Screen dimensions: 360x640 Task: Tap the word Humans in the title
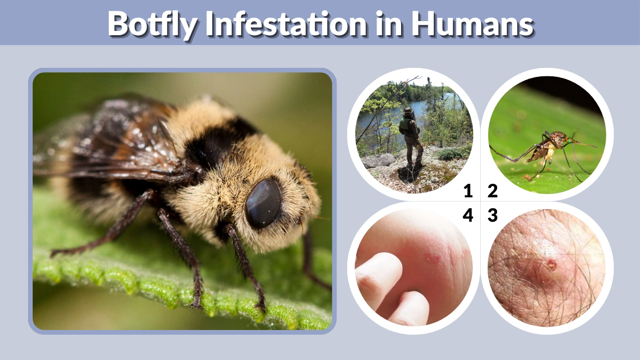(473, 23)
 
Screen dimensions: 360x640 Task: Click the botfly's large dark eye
(263, 202)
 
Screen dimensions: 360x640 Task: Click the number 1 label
(468, 191)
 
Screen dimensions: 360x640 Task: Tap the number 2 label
(492, 191)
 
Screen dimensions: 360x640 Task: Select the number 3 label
(492, 216)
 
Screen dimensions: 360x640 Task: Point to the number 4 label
(468, 216)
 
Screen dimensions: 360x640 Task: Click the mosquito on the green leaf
(551, 148)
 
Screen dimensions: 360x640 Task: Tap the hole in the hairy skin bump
(551, 265)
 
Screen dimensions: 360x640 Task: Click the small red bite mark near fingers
(433, 258)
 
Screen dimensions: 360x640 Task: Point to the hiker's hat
(408, 111)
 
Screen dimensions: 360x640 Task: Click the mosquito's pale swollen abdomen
(548, 152)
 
